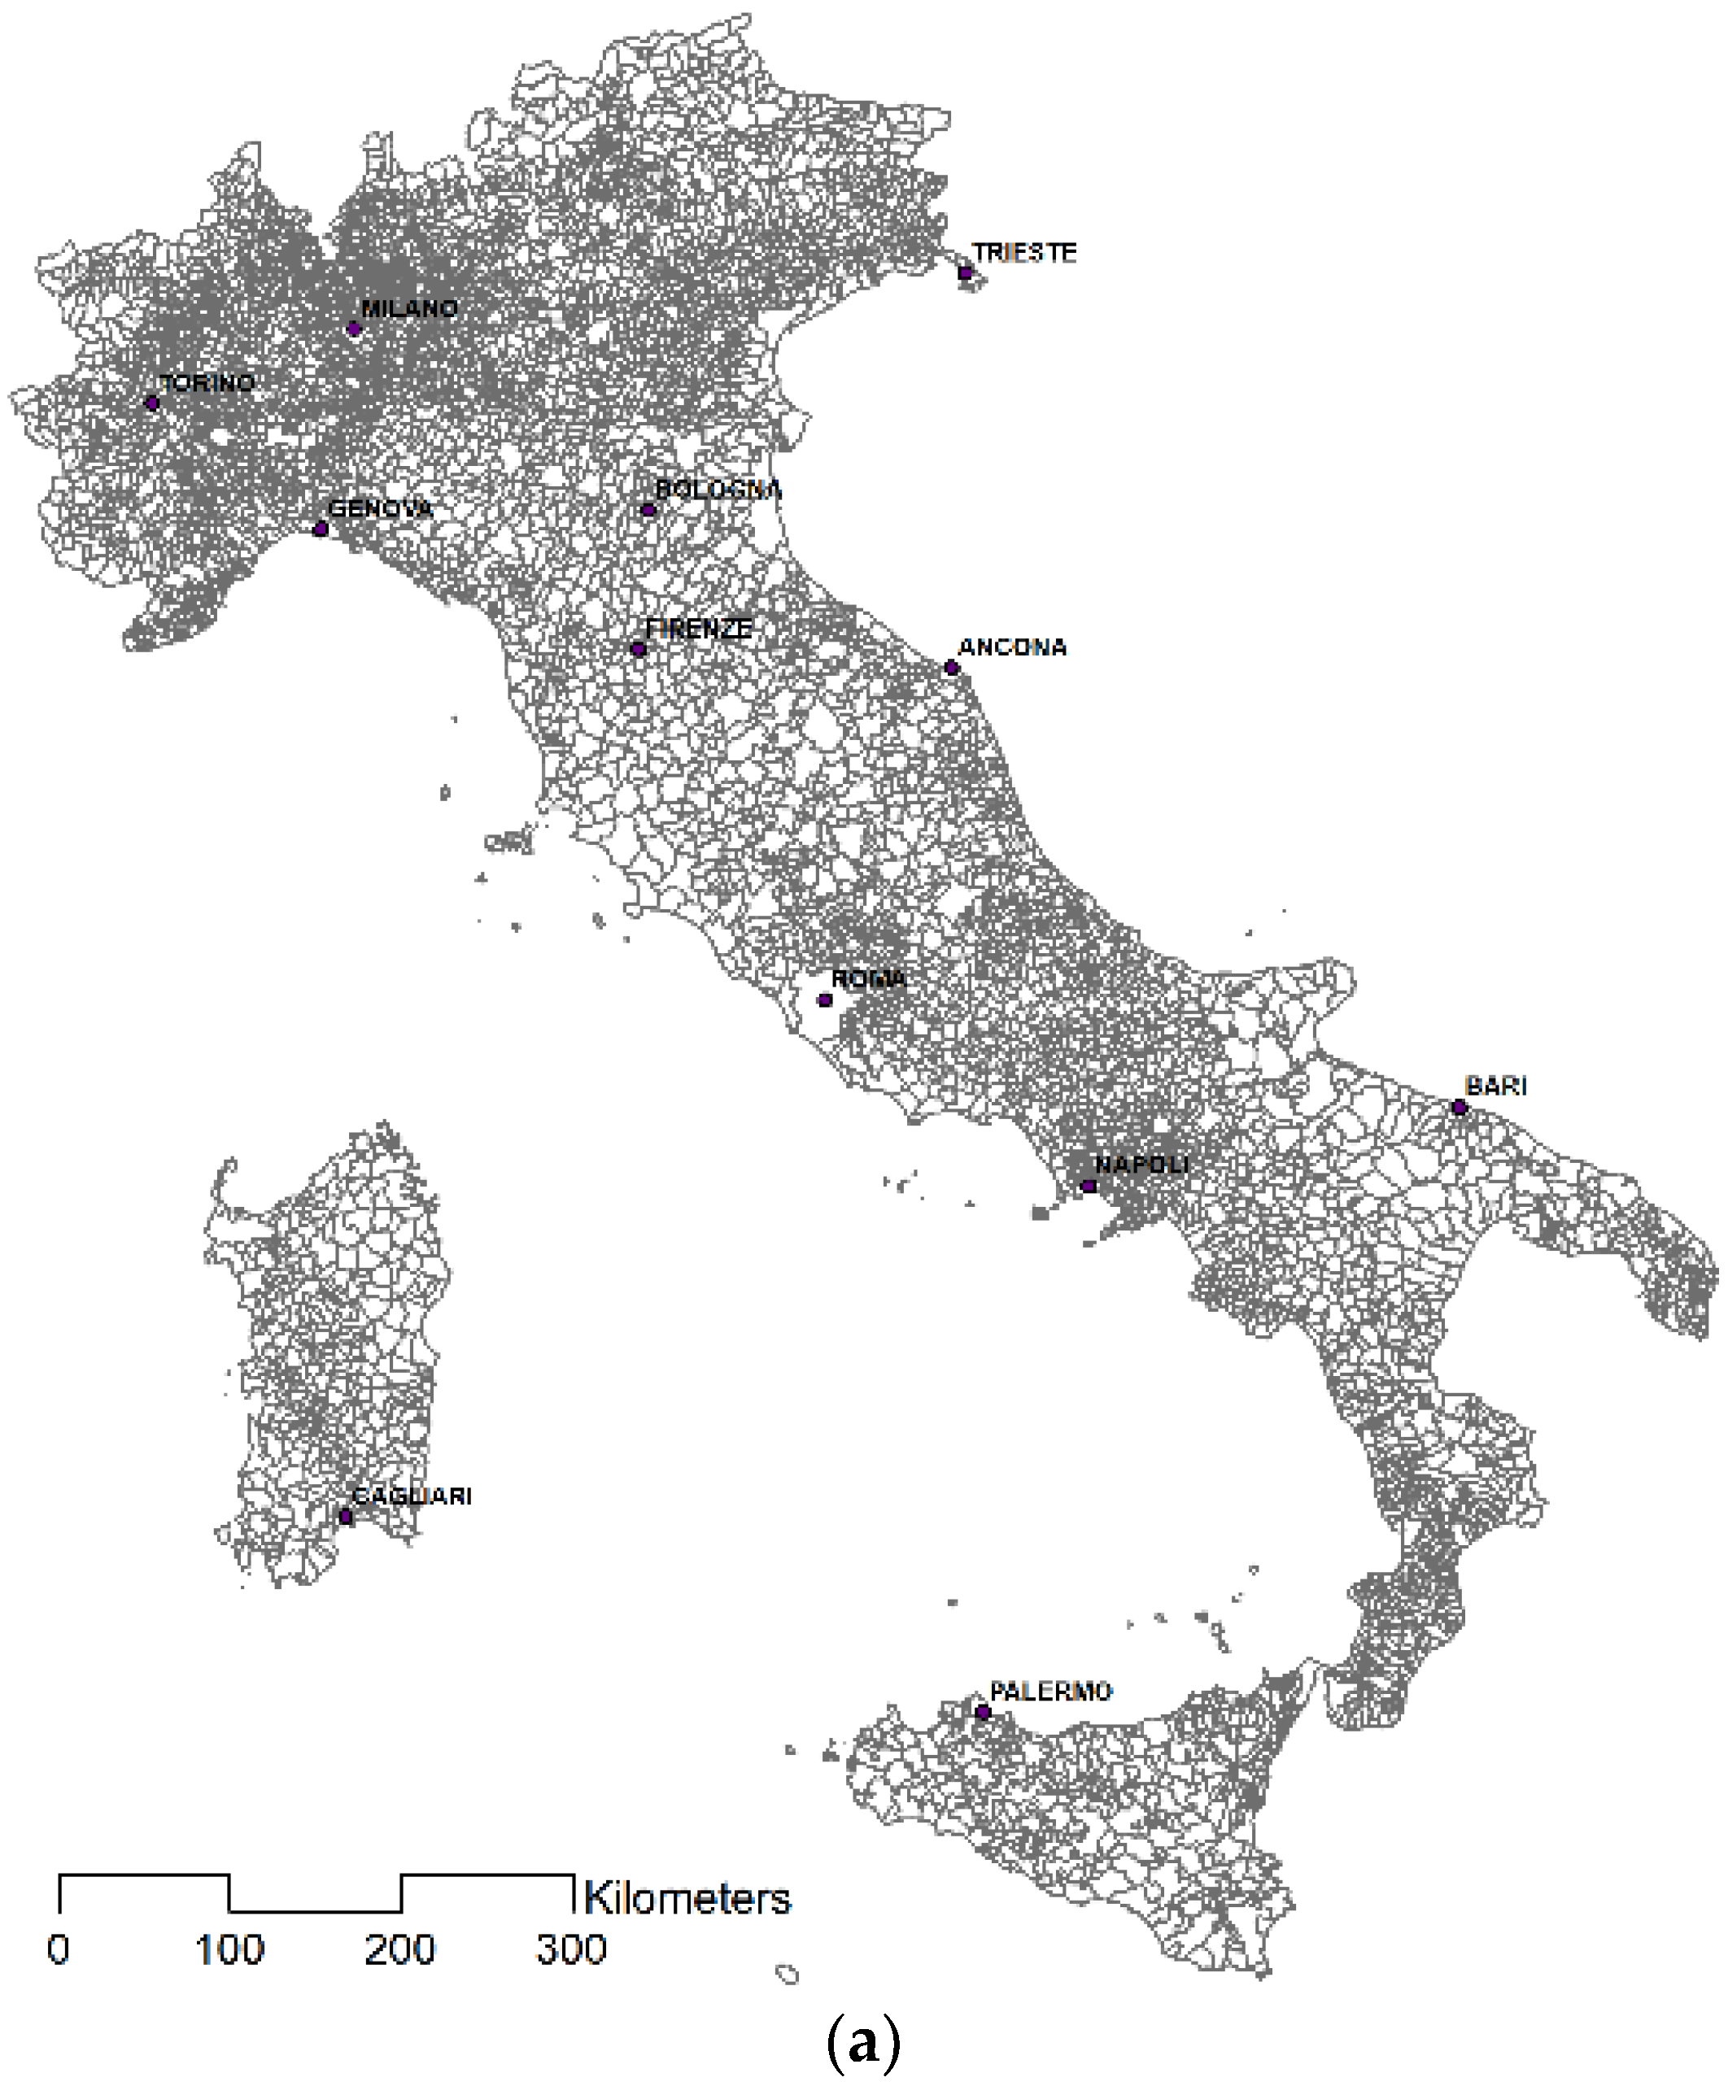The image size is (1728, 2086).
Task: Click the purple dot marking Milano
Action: pyautogui.click(x=354, y=329)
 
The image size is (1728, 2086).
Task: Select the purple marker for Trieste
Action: pyautogui.click(x=965, y=272)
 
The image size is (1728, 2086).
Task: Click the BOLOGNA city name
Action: pyautogui.click(x=718, y=490)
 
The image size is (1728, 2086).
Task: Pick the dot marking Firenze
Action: pyautogui.click(x=639, y=649)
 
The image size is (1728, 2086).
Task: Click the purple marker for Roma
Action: pyautogui.click(x=825, y=999)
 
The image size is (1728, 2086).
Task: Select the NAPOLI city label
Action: pyautogui.click(x=1141, y=1165)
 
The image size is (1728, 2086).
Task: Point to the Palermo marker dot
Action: pyautogui.click(x=983, y=1712)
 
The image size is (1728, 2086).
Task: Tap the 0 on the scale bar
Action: pyautogui.click(x=59, y=1950)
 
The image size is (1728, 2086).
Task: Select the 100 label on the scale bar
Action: pyautogui.click(x=229, y=1950)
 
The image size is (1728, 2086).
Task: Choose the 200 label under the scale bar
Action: pyautogui.click(x=400, y=1950)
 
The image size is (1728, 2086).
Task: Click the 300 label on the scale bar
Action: pyautogui.click(x=571, y=1950)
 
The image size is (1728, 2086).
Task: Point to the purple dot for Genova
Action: pyautogui.click(x=320, y=529)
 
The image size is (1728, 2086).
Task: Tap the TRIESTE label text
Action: pyautogui.click(x=1023, y=252)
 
